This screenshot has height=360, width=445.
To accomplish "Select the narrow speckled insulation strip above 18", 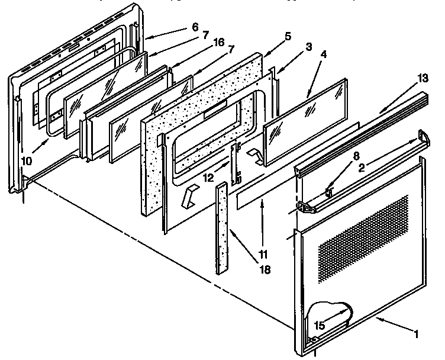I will pos(223,227).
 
